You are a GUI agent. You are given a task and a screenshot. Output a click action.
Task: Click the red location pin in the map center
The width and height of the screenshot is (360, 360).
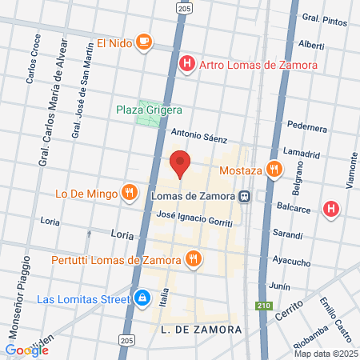pyautogui.click(x=180, y=163)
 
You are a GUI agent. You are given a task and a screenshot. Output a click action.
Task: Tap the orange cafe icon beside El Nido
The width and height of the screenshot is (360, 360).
pyautogui.click(x=143, y=42)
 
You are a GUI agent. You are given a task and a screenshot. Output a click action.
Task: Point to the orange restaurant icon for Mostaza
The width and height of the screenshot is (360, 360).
pyautogui.click(x=274, y=170)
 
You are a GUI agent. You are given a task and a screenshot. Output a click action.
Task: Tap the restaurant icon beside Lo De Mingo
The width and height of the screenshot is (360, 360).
pyautogui.click(x=128, y=192)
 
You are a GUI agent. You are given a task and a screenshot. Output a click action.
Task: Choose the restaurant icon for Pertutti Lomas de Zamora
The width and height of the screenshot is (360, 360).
pyautogui.click(x=192, y=259)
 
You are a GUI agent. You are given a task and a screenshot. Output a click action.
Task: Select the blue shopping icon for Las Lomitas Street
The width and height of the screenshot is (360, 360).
pyautogui.click(x=141, y=299)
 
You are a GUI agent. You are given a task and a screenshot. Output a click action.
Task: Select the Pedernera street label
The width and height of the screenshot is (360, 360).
pyautogui.click(x=307, y=126)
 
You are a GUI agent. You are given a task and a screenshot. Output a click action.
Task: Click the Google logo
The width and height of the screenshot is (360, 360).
pyautogui.click(x=26, y=350)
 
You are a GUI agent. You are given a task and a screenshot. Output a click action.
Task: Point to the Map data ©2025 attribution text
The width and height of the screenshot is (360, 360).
pyautogui.click(x=324, y=354)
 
